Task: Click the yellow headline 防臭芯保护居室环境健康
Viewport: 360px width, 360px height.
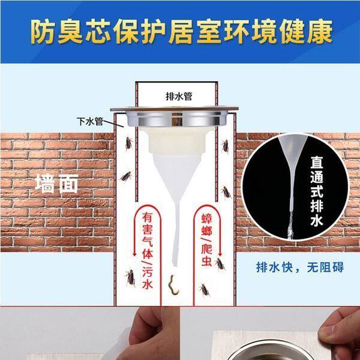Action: pyautogui.click(x=181, y=32)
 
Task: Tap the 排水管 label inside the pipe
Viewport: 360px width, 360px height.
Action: pyautogui.click(x=179, y=96)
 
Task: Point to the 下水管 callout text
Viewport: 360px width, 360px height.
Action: pyautogui.click(x=90, y=121)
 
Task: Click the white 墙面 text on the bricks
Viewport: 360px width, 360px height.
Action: pyautogui.click(x=57, y=184)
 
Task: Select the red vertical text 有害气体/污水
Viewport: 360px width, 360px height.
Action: pyautogui.click(x=147, y=251)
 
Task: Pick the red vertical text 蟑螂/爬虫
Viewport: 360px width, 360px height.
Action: pyautogui.click(x=206, y=240)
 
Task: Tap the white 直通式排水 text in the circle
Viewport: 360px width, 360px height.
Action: pyautogui.click(x=317, y=191)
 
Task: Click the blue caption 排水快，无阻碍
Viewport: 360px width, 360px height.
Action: pyautogui.click(x=300, y=267)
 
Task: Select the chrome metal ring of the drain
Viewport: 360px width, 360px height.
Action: pyautogui.click(x=176, y=119)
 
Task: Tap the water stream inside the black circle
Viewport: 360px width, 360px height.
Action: pyautogui.click(x=290, y=225)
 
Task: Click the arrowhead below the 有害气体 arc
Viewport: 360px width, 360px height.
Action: pyautogui.click(x=135, y=254)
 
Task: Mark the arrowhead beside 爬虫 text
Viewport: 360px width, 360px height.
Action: pyautogui.click(x=220, y=254)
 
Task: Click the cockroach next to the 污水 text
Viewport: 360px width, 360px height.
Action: pyautogui.click(x=131, y=278)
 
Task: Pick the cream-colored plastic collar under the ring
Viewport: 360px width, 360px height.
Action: pyautogui.click(x=177, y=140)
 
